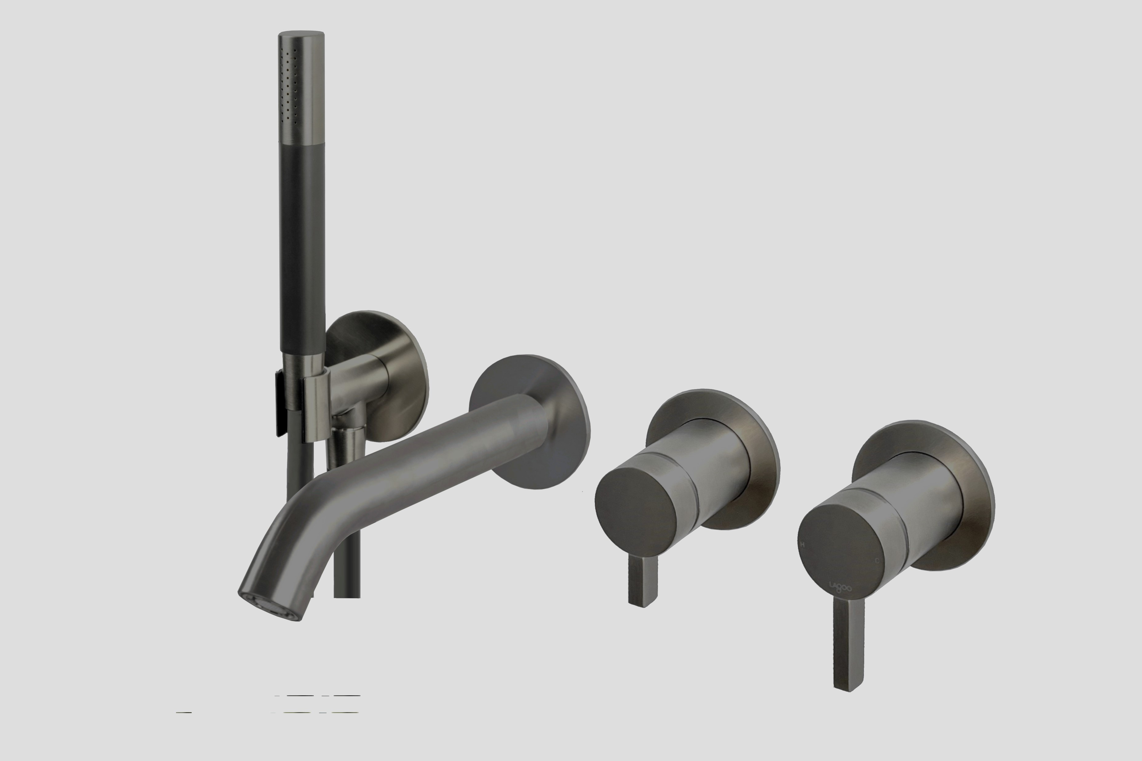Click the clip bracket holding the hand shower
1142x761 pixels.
(x=316, y=410)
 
